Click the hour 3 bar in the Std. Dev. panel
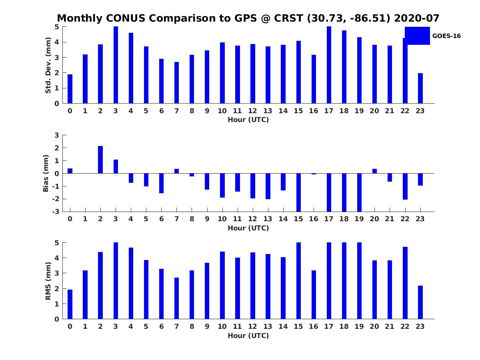coord(116,65)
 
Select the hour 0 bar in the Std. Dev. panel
coord(70,89)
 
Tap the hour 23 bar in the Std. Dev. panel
coord(420,88)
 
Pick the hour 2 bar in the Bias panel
coord(100,160)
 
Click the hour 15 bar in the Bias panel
coord(298,192)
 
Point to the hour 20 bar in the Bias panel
coord(374,171)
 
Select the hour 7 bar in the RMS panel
coord(176,298)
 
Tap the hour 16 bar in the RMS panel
coord(314,295)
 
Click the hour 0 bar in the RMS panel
coord(70,304)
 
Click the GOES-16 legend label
coord(446,36)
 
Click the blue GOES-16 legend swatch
coord(417,36)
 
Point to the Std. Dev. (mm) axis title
coord(48,65)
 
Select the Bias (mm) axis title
coord(46,173)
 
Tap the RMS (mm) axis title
coord(48,281)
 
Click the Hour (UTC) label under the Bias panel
coord(248,228)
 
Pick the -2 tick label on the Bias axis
coord(56,199)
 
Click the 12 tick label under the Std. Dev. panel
coord(252,111)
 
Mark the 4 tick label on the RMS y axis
coord(57,258)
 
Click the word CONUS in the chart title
coord(126,18)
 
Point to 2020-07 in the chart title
coord(416,18)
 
